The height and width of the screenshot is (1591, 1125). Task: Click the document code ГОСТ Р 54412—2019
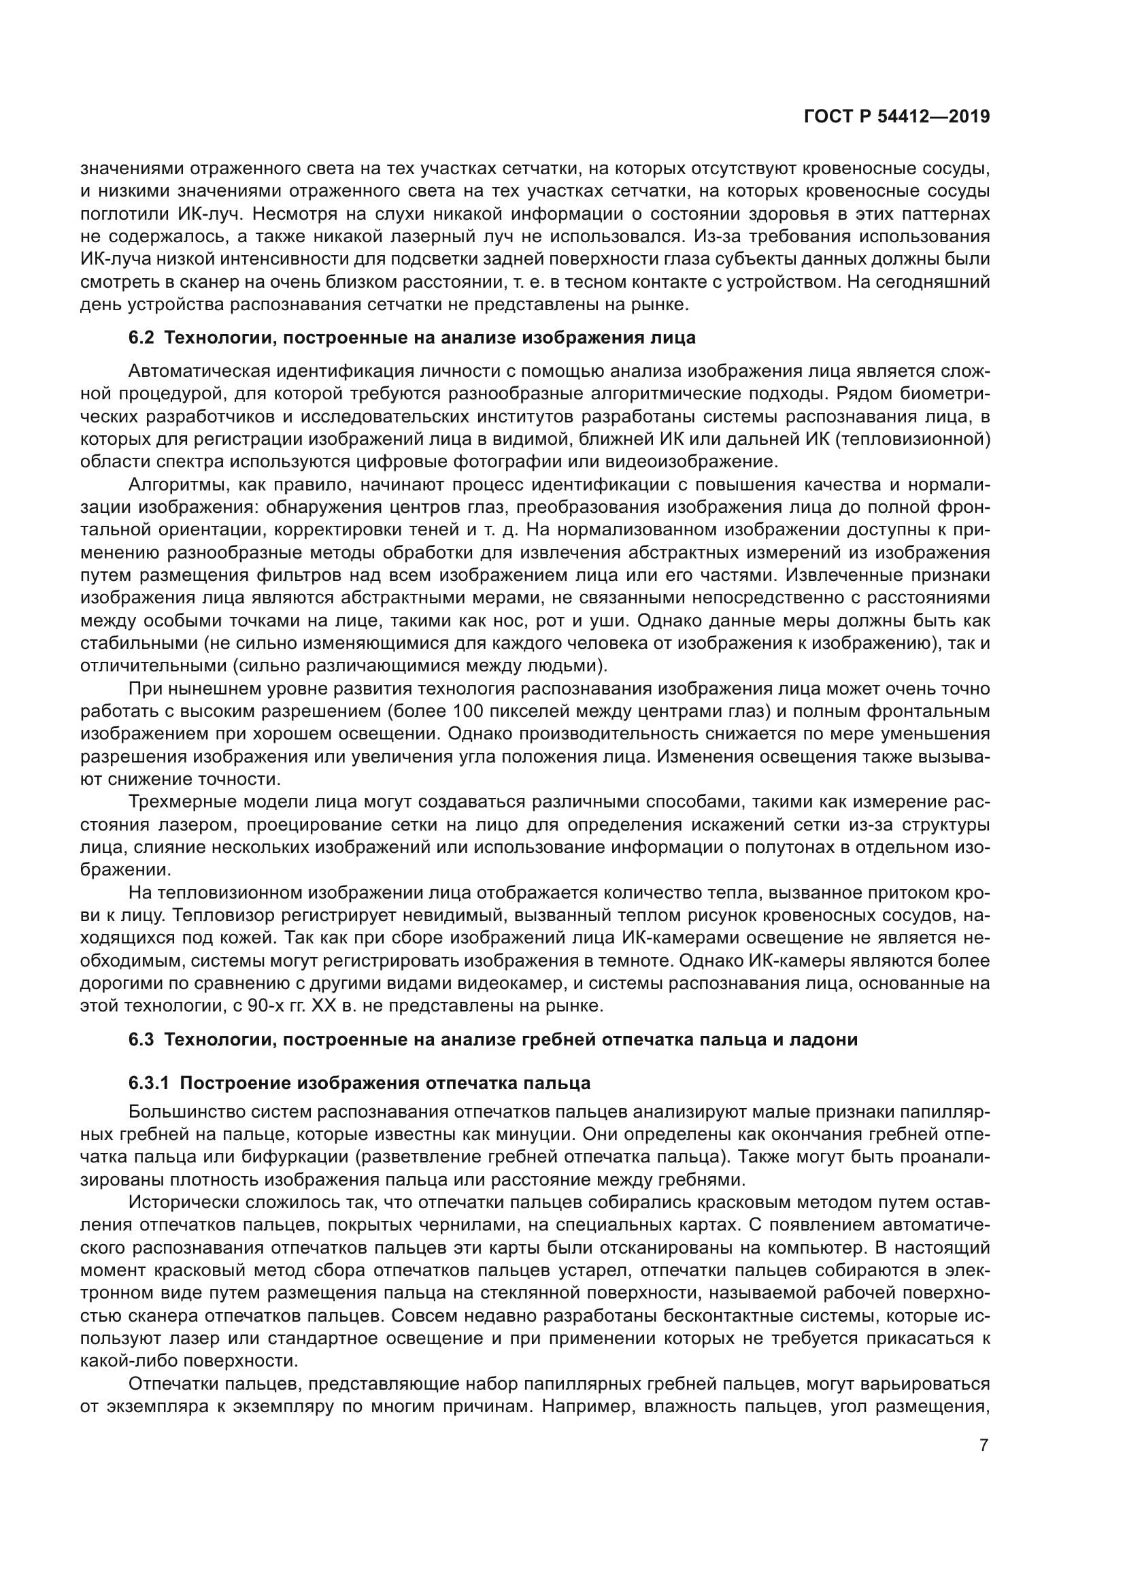tap(896, 117)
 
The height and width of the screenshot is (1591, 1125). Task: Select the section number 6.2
tap(141, 338)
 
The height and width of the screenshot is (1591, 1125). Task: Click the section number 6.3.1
tap(149, 1083)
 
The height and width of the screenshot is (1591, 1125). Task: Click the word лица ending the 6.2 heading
tap(676, 338)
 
